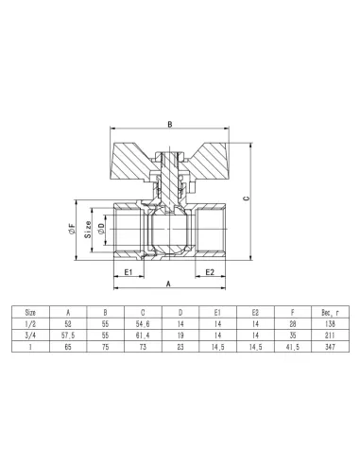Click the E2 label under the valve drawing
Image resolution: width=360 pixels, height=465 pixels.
tap(212, 271)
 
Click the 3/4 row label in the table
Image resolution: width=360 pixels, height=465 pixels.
tap(30, 334)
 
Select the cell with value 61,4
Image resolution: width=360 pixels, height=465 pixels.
tap(142, 334)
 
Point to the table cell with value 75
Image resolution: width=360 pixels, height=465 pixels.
tap(105, 347)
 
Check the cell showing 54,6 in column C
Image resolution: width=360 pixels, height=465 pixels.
tap(142, 321)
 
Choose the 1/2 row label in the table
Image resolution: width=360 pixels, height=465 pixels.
tap(30, 321)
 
